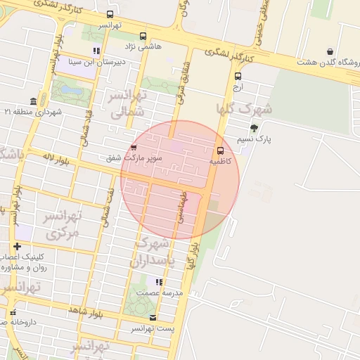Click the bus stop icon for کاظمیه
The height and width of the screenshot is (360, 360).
tap(220, 150)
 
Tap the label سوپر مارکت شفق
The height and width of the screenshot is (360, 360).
tap(134, 158)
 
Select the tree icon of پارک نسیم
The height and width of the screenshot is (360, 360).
tap(253, 128)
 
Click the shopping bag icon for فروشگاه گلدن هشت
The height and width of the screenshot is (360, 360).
tap(330, 51)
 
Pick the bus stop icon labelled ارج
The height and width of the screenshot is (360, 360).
tap(238, 76)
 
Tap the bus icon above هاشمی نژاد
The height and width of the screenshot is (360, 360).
tap(143, 36)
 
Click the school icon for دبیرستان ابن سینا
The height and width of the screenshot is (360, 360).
tap(96, 51)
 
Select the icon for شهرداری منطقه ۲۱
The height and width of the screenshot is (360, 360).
tap(33, 101)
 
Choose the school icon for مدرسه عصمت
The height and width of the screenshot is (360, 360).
tap(159, 282)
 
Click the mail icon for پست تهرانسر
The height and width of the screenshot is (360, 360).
tap(153, 318)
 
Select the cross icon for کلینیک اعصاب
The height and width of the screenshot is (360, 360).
tap(17, 246)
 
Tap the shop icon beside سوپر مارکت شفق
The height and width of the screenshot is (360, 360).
tap(134, 148)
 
